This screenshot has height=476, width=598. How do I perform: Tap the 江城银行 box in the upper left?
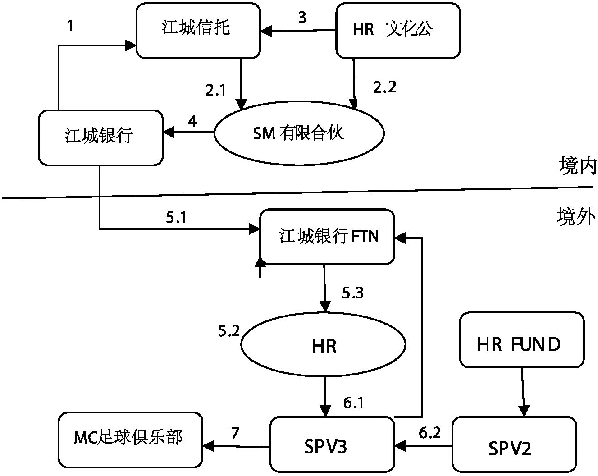[x=100, y=137]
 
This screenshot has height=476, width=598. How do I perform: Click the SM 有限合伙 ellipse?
[x=299, y=133]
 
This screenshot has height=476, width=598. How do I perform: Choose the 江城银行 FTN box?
[x=327, y=236]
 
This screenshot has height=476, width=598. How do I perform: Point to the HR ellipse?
[x=324, y=346]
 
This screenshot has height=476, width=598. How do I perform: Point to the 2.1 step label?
[x=215, y=91]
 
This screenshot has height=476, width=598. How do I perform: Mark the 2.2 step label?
[x=384, y=87]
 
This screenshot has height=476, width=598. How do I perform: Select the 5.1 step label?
[x=176, y=218]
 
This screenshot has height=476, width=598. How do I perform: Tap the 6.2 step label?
[x=429, y=433]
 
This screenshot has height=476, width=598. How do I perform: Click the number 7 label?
[x=235, y=433]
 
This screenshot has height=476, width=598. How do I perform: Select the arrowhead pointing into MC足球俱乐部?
[x=208, y=446]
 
